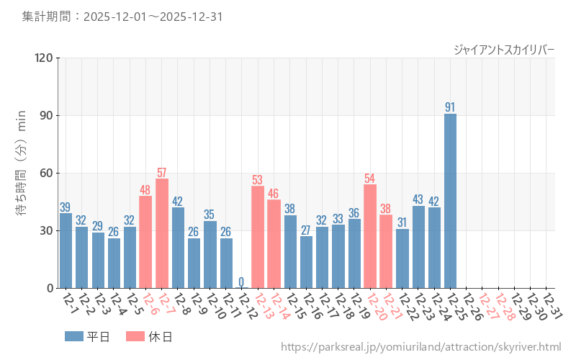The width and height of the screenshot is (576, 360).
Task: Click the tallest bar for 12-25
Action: tap(450, 201)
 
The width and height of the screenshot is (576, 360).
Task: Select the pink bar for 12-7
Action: tap(161, 233)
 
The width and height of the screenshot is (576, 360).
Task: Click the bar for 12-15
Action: tap(290, 251)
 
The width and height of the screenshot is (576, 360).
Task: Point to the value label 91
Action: tap(450, 107)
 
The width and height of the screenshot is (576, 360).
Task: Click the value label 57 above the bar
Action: tap(161, 173)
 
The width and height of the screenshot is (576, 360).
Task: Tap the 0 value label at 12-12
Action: tap(241, 282)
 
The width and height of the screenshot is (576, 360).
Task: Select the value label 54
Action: tap(370, 179)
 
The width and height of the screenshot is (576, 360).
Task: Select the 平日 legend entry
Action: tap(86, 336)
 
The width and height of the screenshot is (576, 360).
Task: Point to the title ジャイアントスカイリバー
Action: tap(504, 49)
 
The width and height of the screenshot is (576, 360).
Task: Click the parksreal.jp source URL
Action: tap(420, 347)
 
